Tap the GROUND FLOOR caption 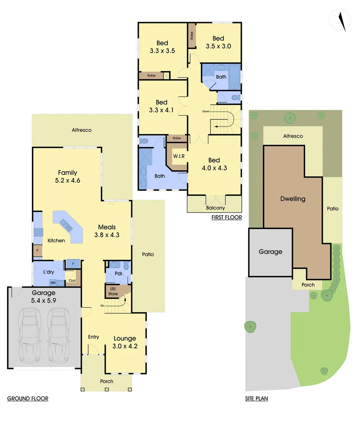(x=28, y=399)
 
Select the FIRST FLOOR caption (x=226, y=217)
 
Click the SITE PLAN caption (x=256, y=399)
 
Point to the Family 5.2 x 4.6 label (x=67, y=176)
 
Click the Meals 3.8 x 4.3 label (x=107, y=231)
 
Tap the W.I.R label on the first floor (x=178, y=156)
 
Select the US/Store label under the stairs (x=113, y=292)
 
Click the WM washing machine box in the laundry (x=53, y=283)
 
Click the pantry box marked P (x=37, y=251)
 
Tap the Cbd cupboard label (x=72, y=281)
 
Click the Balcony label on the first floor (x=216, y=208)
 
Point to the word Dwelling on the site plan (x=293, y=199)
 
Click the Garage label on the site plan (x=271, y=251)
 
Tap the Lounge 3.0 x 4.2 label (x=125, y=342)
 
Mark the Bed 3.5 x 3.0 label (x=218, y=42)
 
